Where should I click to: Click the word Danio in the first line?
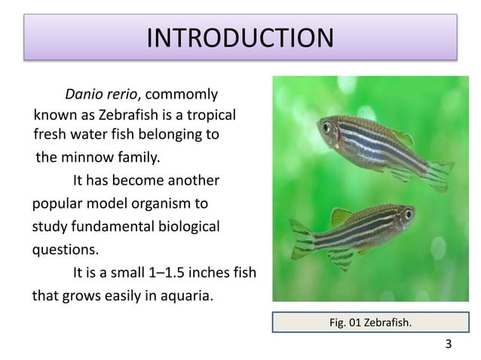(x=84, y=96)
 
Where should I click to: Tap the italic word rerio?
(x=123, y=96)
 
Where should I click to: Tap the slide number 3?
(x=449, y=346)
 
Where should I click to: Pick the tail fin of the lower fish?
(x=301, y=240)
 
